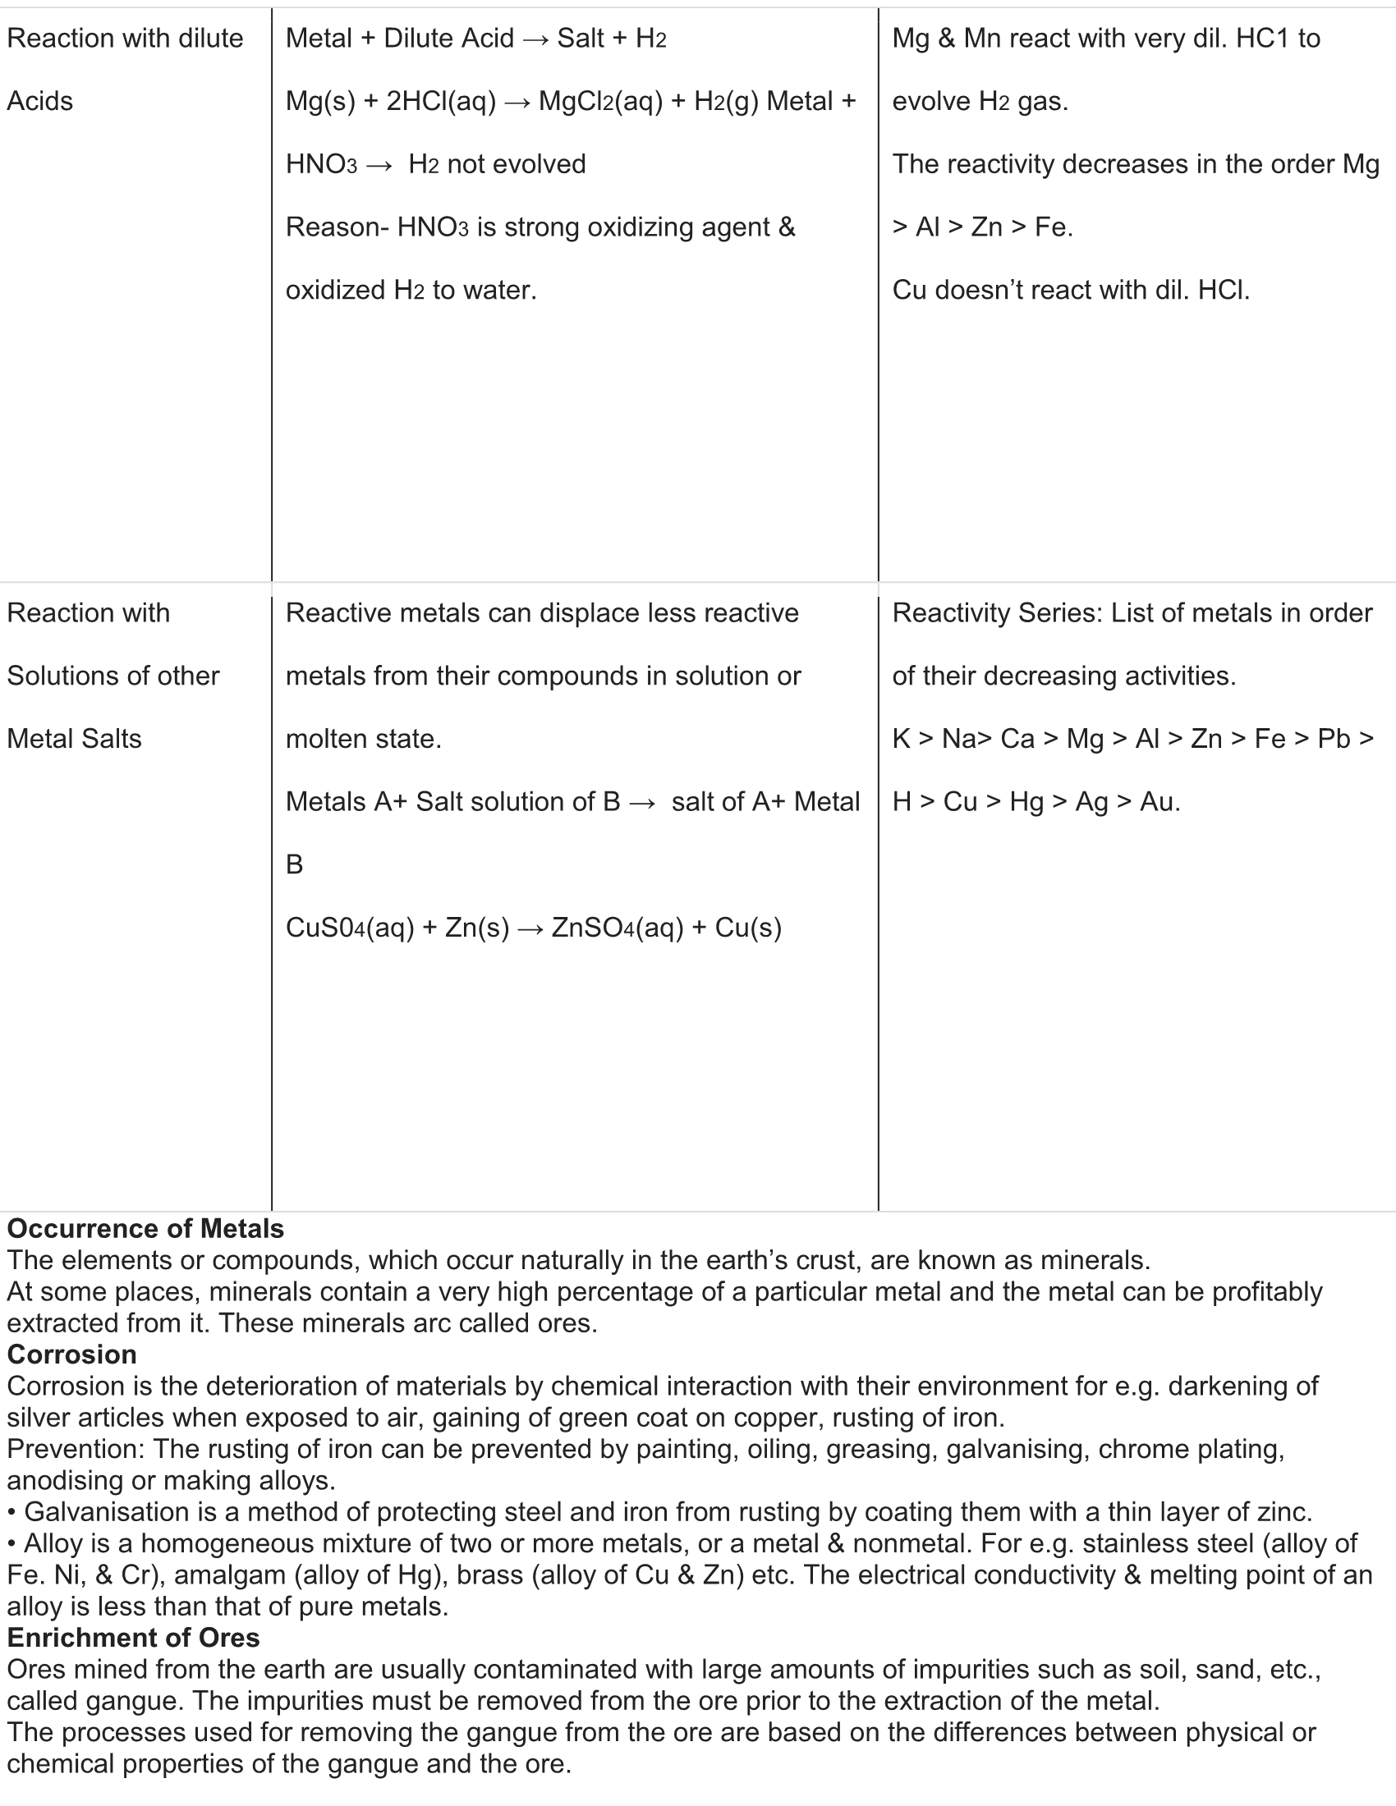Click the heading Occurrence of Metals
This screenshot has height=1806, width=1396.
145,1229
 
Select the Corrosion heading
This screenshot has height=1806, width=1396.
72,1354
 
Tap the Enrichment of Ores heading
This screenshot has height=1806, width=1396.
133,1638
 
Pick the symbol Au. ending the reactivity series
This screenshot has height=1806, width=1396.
1160,801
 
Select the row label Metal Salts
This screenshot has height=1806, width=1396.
75,739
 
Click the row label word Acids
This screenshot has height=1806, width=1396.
39,102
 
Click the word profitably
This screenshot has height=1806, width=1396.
1267,1291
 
